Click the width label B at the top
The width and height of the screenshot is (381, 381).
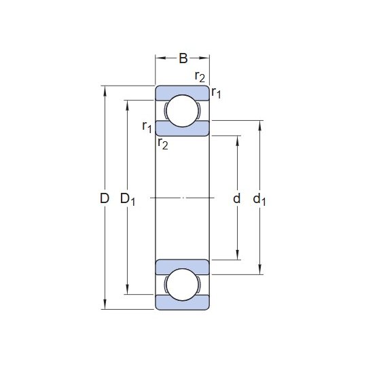pyautogui.click(x=183, y=58)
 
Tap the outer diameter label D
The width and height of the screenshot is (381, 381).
pyautogui.click(x=105, y=198)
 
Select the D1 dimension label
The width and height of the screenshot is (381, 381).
pyautogui.click(x=128, y=199)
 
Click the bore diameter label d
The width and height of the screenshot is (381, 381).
pyautogui.click(x=236, y=198)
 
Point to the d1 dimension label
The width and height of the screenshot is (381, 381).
pyautogui.click(x=259, y=200)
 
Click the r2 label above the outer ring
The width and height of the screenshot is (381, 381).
pyautogui.click(x=200, y=77)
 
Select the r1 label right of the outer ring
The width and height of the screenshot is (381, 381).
pyautogui.click(x=216, y=92)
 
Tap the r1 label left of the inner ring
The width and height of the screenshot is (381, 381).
pyautogui.click(x=147, y=127)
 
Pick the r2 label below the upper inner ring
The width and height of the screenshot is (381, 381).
pyautogui.click(x=163, y=143)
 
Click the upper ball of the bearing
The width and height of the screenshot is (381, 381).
pyautogui.click(x=182, y=111)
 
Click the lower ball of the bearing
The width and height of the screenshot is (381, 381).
pyautogui.click(x=182, y=285)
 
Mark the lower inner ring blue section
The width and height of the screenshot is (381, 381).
pyautogui.click(x=182, y=266)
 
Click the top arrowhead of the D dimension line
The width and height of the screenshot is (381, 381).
pyautogui.click(x=105, y=90)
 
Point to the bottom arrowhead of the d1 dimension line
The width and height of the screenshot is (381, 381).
pyautogui.click(x=259, y=270)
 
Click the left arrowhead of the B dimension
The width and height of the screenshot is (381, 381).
pyautogui.click(x=160, y=58)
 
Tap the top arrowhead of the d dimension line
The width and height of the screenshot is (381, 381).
pyautogui.click(x=238, y=141)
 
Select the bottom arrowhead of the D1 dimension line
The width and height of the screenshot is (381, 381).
pyautogui.click(x=127, y=290)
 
